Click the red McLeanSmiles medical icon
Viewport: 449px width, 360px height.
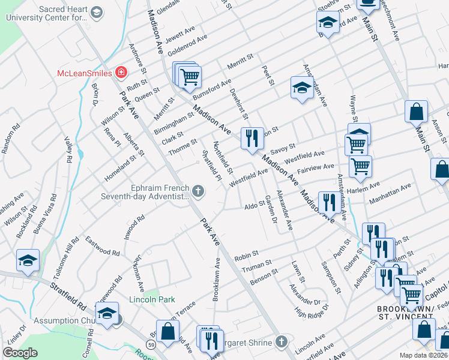[x=121, y=73]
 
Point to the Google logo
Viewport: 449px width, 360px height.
[x=20, y=353]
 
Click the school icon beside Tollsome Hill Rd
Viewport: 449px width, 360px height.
[x=28, y=260]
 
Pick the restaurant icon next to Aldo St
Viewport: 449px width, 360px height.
[x=328, y=202]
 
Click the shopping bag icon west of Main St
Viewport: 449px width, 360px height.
[x=415, y=111]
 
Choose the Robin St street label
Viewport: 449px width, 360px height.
[x=246, y=255]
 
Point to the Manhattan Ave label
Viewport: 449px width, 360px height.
[x=390, y=194]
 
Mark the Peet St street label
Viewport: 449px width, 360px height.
[x=268, y=76]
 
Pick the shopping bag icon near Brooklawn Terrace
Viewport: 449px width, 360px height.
[x=169, y=329]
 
